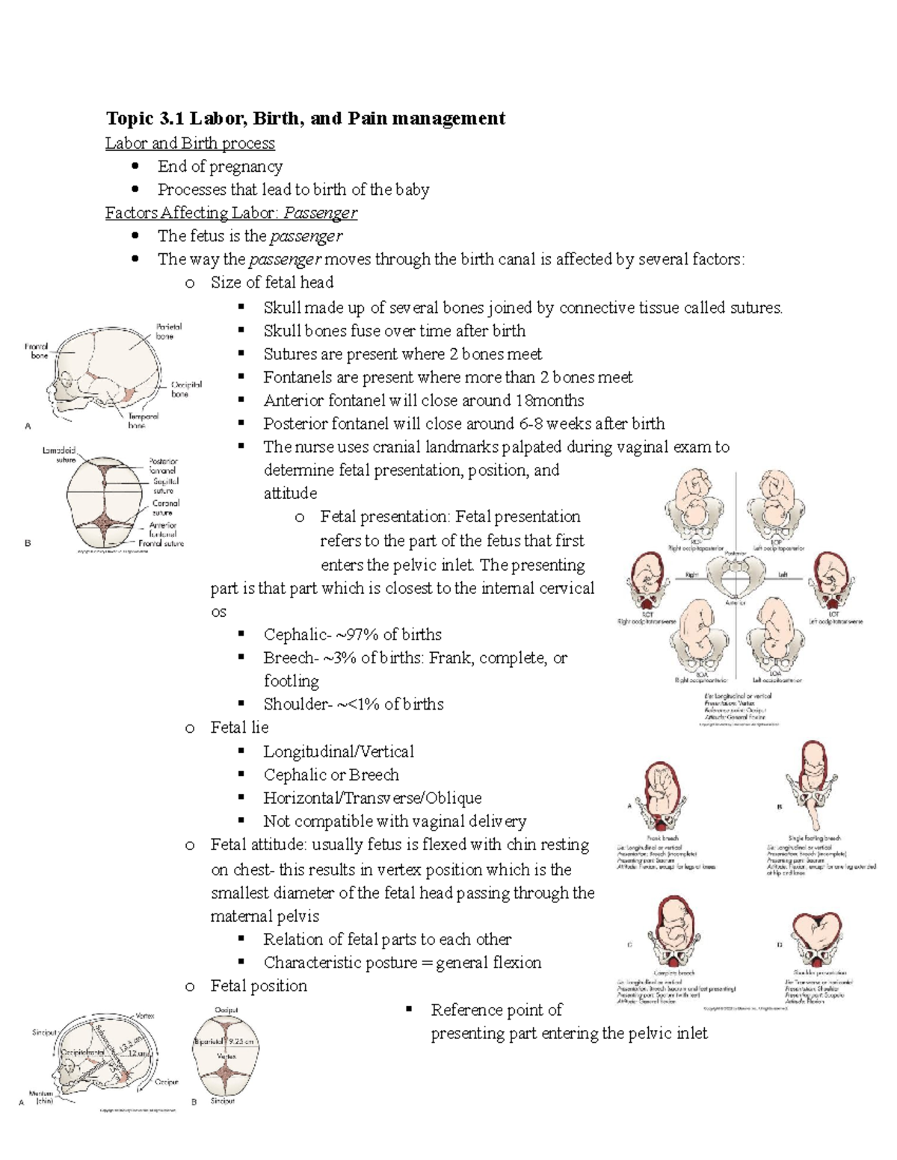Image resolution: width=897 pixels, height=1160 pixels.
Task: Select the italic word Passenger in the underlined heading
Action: click(320, 213)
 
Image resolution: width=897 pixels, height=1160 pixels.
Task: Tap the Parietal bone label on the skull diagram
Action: click(169, 332)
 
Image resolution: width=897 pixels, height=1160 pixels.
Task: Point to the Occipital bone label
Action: click(185, 389)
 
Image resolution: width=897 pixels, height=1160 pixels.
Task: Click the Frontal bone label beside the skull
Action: click(37, 351)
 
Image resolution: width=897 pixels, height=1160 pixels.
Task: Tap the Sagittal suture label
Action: click(165, 486)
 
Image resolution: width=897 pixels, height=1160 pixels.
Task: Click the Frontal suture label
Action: click(161, 543)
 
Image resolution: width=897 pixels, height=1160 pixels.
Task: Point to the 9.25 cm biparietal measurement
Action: click(241, 1041)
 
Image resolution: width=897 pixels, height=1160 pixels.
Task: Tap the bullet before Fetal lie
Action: click(190, 728)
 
